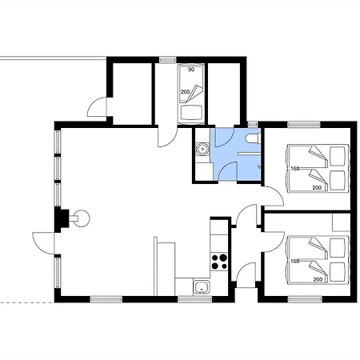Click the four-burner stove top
click(x=219, y=262)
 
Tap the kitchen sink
click(x=202, y=287)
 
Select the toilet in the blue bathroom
click(x=253, y=138)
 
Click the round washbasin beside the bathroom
click(x=202, y=149)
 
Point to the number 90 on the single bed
click(x=191, y=70)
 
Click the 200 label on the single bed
click(x=185, y=92)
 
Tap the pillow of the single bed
click(x=191, y=113)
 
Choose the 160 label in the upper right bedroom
click(x=294, y=169)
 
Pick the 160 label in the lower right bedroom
click(x=294, y=261)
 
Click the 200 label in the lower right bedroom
click(x=318, y=279)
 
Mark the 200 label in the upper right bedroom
click(x=317, y=188)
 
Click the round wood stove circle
click(x=82, y=218)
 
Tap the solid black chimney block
click(x=62, y=218)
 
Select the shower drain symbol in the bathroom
click(x=258, y=167)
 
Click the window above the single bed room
click(x=167, y=59)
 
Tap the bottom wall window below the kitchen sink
click(x=194, y=299)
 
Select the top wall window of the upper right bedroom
click(x=304, y=124)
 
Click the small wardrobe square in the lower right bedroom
click(x=341, y=222)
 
